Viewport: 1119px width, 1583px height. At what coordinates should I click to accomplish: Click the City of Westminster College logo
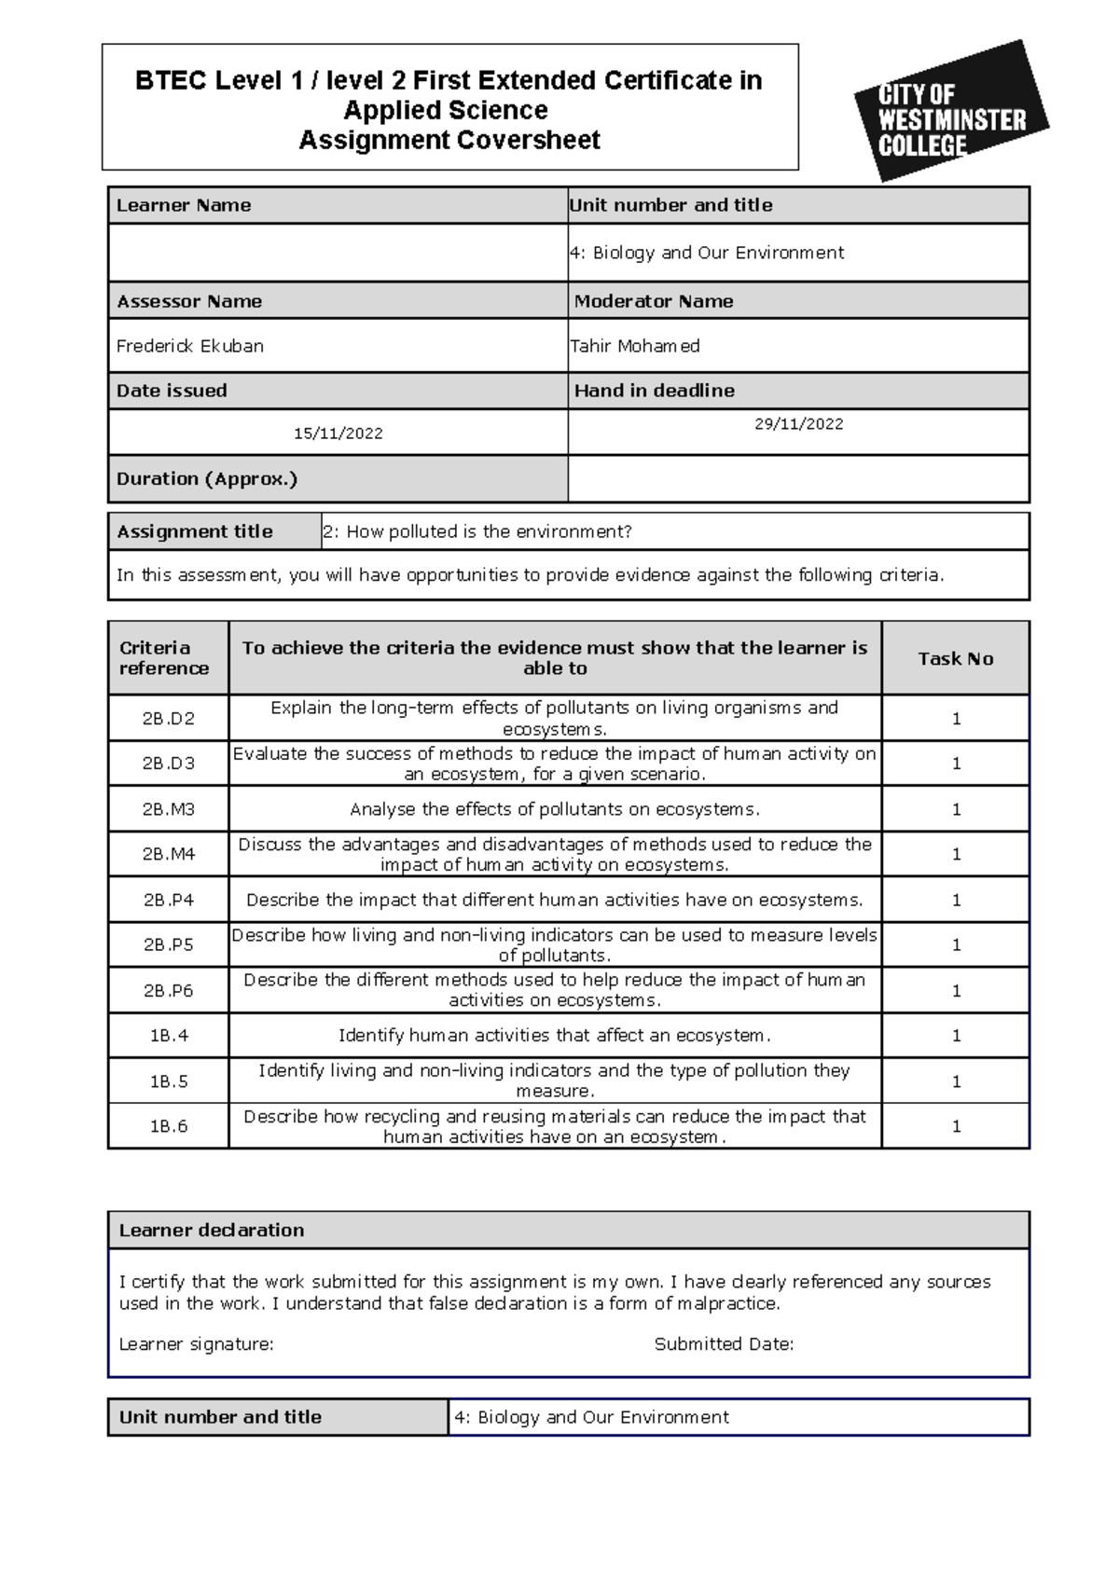[950, 112]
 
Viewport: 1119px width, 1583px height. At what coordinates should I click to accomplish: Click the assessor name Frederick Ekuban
[190, 346]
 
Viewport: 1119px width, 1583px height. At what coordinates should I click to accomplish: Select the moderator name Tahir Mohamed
[635, 346]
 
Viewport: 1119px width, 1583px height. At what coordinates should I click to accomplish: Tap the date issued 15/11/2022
[338, 434]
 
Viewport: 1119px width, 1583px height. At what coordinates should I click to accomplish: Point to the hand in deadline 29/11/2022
[798, 424]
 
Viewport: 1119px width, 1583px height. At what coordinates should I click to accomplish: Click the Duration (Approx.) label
[206, 479]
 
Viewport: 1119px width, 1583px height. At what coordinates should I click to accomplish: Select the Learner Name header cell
[184, 205]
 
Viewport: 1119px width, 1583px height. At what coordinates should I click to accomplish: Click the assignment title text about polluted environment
[477, 531]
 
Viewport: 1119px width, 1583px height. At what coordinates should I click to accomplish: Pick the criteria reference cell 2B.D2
[169, 718]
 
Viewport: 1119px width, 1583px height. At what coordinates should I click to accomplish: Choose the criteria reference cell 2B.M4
[169, 854]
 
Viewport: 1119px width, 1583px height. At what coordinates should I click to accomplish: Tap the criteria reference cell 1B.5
[169, 1081]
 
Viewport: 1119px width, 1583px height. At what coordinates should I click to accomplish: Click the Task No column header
[955, 658]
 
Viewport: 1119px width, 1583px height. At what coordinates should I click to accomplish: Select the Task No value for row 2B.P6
[955, 991]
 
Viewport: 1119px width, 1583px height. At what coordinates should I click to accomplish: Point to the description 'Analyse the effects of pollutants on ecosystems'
[555, 809]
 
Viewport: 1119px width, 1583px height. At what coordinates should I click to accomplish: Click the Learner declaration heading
[212, 1230]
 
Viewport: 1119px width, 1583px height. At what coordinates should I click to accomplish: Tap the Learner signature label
[196, 1344]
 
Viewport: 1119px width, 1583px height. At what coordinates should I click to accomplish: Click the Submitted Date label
[724, 1344]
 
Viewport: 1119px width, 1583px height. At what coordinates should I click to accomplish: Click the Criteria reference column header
[164, 658]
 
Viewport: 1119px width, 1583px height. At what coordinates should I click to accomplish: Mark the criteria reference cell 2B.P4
[169, 901]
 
